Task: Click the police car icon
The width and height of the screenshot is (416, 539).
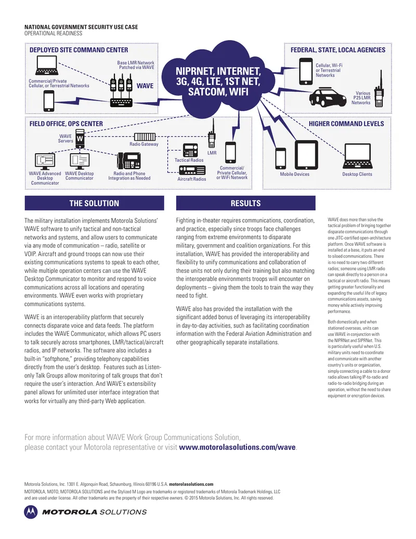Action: tap(328, 97)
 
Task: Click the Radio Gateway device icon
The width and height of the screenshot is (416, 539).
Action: tap(145, 136)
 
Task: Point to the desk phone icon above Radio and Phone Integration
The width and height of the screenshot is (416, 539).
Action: tap(129, 160)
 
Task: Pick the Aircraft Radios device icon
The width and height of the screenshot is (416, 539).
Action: tap(192, 170)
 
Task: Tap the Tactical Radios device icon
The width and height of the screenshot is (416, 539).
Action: tap(190, 150)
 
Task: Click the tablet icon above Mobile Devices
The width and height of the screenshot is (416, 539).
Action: tap(306, 155)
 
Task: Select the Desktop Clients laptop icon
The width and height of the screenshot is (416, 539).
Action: tap(358, 156)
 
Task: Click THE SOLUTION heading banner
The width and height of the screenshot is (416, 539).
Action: tap(95, 203)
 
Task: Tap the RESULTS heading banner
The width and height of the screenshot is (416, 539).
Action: tap(246, 203)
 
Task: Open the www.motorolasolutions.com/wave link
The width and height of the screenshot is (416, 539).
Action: tap(237, 447)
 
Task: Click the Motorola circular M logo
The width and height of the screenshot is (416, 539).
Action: tap(31, 512)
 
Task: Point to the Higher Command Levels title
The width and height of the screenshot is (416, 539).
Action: tap(346, 124)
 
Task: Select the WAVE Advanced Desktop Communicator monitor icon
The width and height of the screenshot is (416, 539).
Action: tap(45, 161)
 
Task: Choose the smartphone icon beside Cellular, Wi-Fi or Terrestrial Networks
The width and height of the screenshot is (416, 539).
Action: tap(305, 71)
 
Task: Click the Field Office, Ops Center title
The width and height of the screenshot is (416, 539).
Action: tap(66, 124)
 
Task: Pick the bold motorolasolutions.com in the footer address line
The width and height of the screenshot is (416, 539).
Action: tap(191, 484)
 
